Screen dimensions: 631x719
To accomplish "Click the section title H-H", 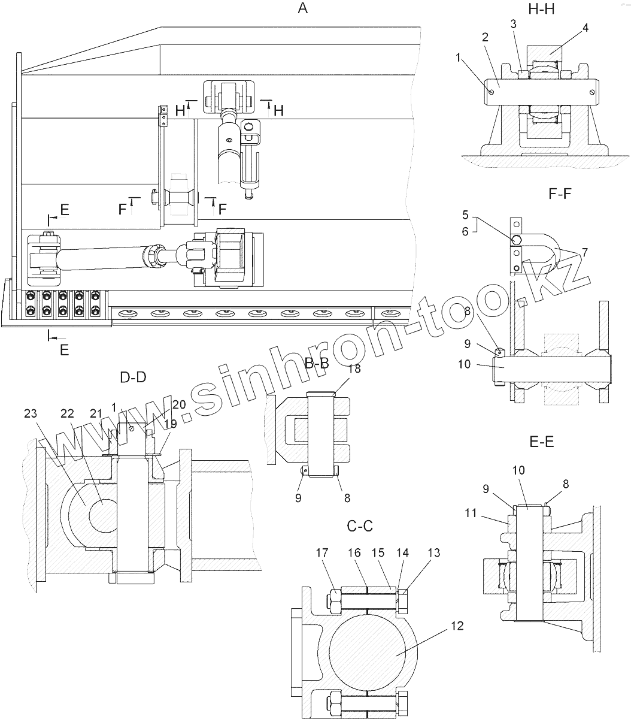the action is pos(541,10).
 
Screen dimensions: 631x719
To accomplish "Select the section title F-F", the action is pos(560,194).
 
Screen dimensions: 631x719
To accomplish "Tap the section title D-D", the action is pos(133,377).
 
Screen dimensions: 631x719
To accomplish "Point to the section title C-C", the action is pos(360,525).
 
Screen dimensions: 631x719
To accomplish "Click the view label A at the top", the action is pos(302,8).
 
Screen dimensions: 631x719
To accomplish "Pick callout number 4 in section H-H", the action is pos(586,28).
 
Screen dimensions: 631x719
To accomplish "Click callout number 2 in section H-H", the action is pos(485,37).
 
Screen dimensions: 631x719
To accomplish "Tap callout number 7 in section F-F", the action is pos(584,253).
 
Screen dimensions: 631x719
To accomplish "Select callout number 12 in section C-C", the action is pos(457,626).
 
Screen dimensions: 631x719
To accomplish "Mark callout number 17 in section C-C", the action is pos(322,552).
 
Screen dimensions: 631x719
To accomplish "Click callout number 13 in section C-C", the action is pos(434,552).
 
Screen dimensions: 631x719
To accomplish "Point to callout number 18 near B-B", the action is pos(354,368).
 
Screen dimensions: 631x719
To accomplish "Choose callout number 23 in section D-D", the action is pos(31,413).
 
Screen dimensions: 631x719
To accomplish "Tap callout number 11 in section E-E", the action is pos(471,513).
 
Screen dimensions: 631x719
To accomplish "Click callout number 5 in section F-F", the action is pos(465,215).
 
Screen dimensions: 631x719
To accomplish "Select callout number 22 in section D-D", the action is pos(67,413).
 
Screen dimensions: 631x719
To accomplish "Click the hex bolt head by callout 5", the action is pos(516,240).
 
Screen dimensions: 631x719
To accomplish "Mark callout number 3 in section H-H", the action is pos(513,24).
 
